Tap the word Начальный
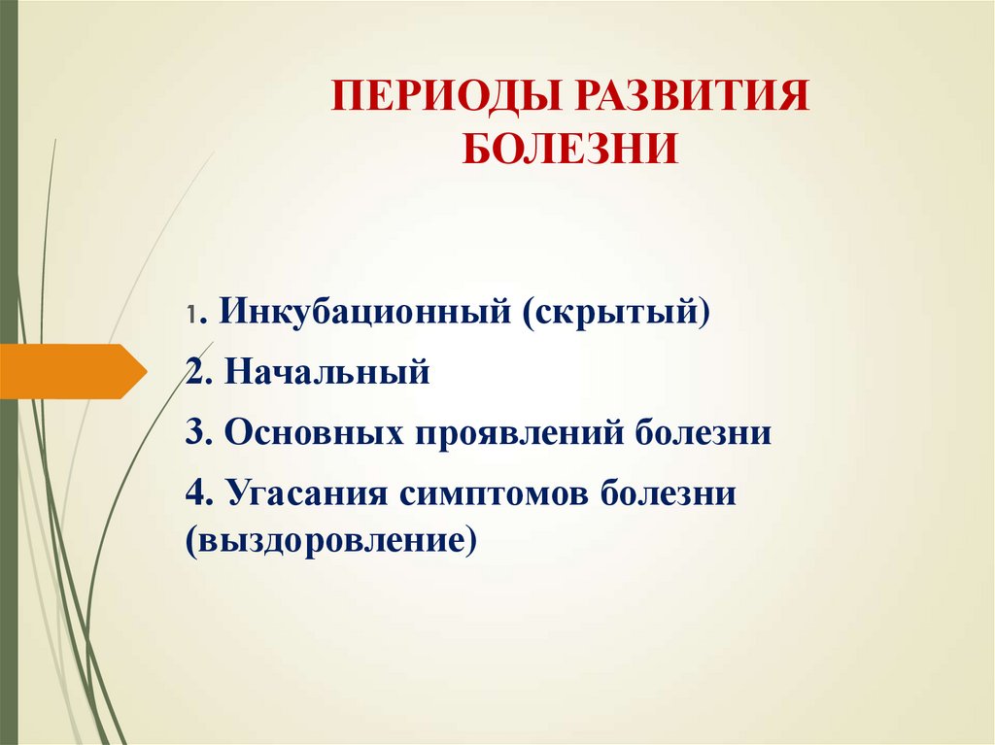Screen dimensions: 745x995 326,372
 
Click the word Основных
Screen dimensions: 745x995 313,432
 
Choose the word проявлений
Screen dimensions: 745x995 520,432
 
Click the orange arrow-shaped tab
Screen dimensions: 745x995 73,371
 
